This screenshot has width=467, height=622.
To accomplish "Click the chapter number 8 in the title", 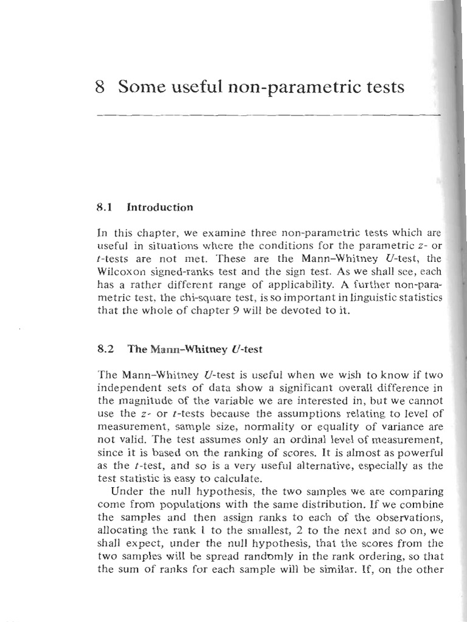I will coord(101,87).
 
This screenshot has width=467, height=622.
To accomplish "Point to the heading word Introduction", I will coord(159,207).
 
